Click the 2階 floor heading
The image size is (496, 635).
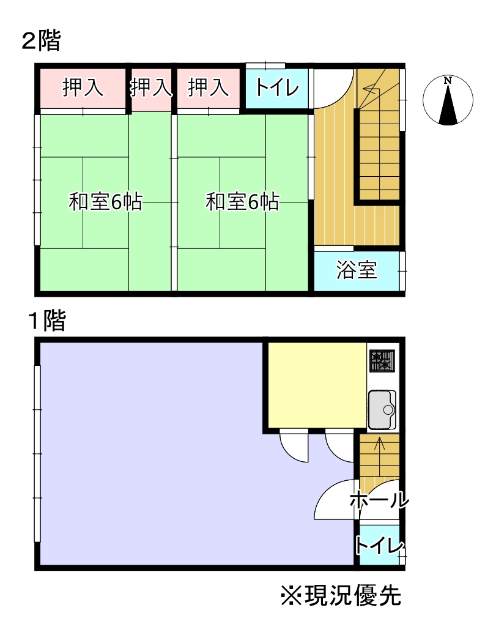point(41,42)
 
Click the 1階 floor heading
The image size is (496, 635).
point(46,321)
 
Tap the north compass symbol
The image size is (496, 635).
point(448,100)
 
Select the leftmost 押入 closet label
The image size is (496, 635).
point(83,88)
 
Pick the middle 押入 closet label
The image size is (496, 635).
point(151,88)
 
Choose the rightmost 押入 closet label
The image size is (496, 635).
point(208,88)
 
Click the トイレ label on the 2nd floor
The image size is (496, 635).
point(277,89)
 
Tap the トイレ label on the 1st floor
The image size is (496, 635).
point(379,545)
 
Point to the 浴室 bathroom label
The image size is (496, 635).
point(357,270)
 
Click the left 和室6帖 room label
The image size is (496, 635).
point(106,202)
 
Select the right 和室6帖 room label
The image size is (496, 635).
point(243,202)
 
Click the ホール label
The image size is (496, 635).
point(379,500)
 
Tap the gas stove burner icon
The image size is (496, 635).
point(382,361)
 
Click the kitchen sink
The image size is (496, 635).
point(382,409)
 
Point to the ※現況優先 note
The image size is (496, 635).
point(341,595)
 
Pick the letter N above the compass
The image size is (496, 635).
point(448,80)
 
